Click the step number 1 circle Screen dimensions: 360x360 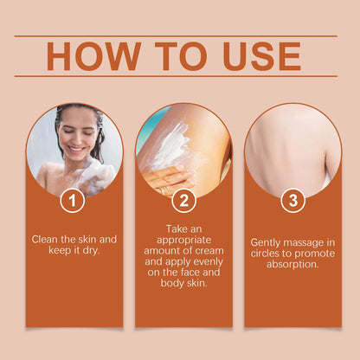click(x=73, y=201)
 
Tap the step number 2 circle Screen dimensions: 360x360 click(x=183, y=201)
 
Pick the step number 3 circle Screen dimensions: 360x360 click(x=292, y=201)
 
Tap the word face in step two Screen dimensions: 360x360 click(x=186, y=271)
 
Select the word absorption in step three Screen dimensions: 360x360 click(x=292, y=265)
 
